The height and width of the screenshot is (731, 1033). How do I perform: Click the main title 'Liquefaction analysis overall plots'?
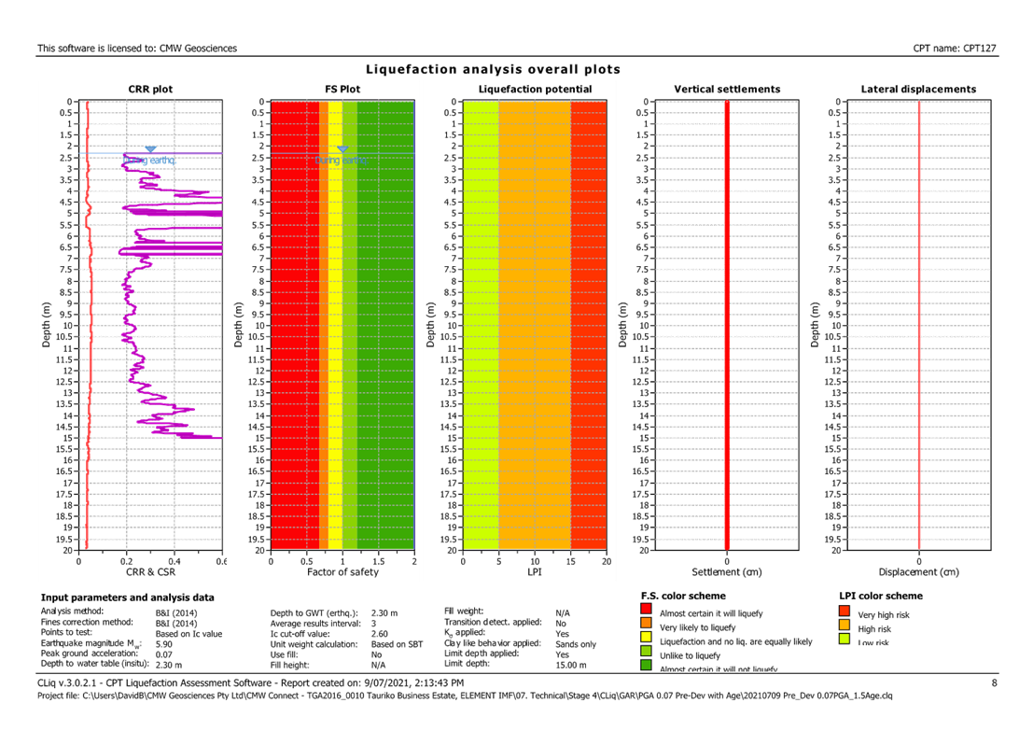(x=493, y=70)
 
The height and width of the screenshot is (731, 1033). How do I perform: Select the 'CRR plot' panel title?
(x=150, y=90)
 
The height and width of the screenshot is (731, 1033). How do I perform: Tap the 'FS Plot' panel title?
(x=342, y=90)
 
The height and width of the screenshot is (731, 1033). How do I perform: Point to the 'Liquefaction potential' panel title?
(x=534, y=90)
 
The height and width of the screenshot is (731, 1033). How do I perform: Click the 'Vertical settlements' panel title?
(x=727, y=90)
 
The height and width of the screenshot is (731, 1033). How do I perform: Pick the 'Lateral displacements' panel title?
(x=918, y=90)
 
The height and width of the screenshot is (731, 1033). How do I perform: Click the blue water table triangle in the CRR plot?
(x=150, y=149)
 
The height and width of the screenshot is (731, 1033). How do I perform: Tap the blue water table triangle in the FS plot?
(x=342, y=149)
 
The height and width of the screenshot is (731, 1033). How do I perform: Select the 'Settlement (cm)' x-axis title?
(x=727, y=570)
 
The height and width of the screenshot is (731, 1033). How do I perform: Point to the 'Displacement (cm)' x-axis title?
(x=918, y=570)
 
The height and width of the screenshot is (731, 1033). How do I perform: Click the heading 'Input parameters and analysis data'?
(x=127, y=597)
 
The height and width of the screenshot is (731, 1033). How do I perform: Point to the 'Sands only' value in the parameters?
(x=576, y=643)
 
